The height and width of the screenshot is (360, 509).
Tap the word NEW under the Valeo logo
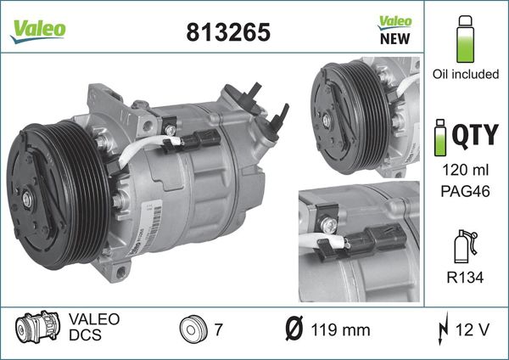394,38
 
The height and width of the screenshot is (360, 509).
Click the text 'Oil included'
465,75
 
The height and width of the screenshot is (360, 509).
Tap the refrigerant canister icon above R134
465,246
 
